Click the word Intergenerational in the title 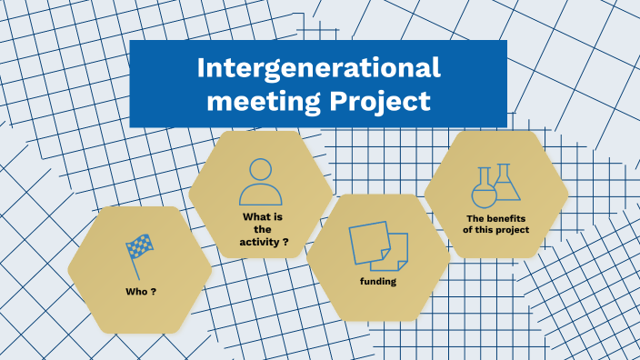(318, 68)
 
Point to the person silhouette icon (260, 182)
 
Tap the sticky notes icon (378, 245)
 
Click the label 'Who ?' (140, 293)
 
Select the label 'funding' (377, 282)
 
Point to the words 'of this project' (495, 231)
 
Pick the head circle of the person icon (260, 170)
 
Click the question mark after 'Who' (153, 293)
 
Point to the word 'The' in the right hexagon (475, 219)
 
